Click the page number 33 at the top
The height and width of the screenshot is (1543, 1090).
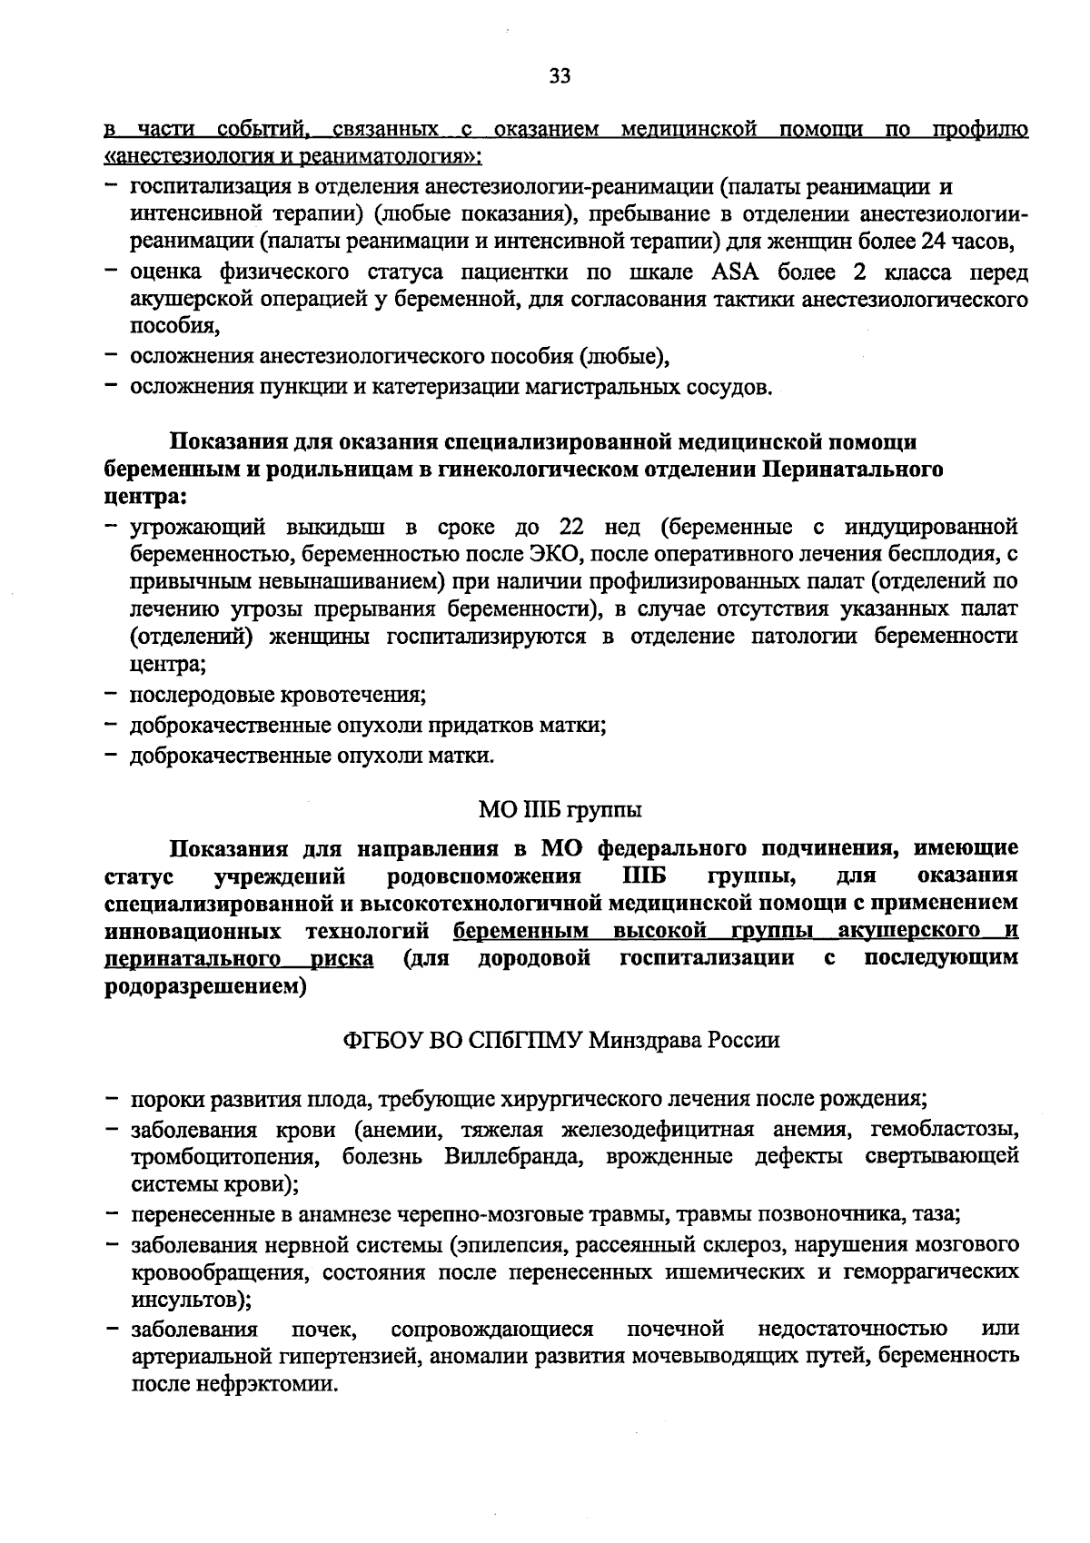(560, 77)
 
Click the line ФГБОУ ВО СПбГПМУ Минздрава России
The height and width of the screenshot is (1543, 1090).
(560, 1040)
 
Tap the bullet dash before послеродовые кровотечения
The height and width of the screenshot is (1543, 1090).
(112, 696)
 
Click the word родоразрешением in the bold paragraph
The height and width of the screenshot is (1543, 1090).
(200, 986)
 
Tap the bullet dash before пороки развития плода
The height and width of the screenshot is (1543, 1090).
(112, 1099)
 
